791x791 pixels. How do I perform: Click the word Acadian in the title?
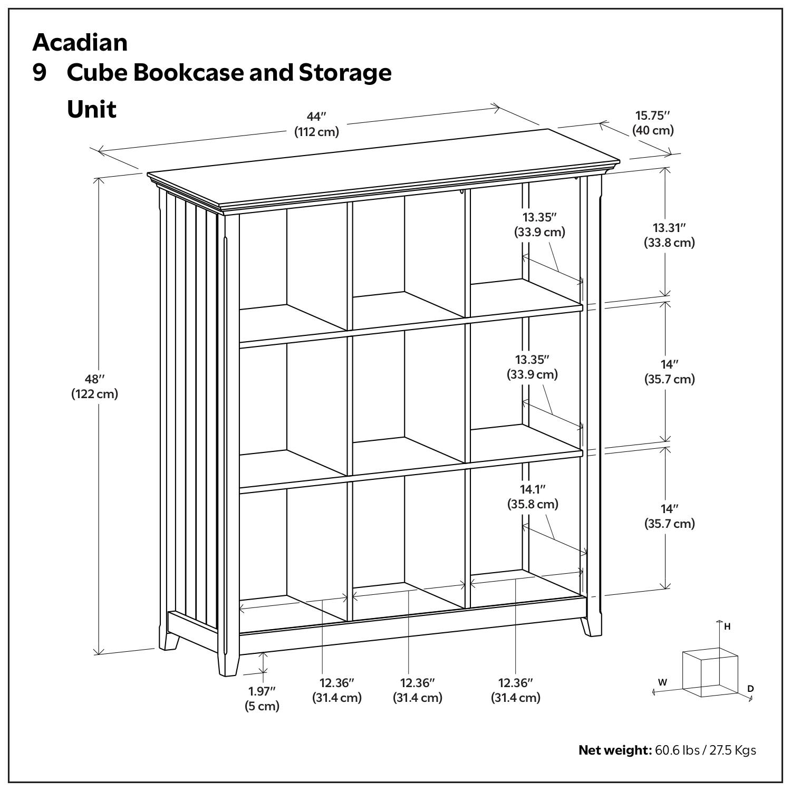point(80,42)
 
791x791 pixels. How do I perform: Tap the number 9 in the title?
point(40,73)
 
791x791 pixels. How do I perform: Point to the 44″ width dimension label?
point(316,117)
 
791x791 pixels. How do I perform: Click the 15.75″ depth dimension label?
point(652,115)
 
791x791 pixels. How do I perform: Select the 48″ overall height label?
point(95,379)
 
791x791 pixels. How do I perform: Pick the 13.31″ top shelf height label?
point(669,228)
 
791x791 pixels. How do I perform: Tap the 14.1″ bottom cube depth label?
point(533,489)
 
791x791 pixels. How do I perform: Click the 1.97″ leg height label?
point(262,691)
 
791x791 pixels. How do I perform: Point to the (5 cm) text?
point(262,706)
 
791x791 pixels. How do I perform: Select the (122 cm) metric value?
point(95,394)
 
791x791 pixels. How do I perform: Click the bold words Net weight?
point(615,750)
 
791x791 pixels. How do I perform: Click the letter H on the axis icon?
point(727,627)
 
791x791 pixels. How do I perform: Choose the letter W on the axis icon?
point(662,682)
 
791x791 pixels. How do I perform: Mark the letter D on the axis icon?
point(750,689)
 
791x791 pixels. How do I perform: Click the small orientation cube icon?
point(709,672)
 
